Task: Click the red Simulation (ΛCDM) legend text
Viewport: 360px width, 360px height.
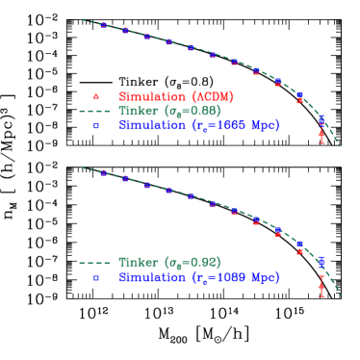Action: pos(175,97)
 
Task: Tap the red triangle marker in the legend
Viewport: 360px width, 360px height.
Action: pos(95,97)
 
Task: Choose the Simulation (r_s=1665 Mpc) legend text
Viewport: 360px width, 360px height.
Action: pos(198,125)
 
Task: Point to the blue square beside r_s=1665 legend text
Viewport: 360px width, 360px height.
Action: pos(95,125)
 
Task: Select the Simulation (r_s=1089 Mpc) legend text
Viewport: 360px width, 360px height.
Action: pos(198,277)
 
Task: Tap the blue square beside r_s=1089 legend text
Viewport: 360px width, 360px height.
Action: pos(95,277)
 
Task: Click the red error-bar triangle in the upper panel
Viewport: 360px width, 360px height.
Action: pos(321,134)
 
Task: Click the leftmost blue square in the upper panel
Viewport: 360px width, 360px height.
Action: pos(104,25)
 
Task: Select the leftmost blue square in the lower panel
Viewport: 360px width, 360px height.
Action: pos(104,173)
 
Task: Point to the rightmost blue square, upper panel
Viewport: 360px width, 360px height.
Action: pos(321,119)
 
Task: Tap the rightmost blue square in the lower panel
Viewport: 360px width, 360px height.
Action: pos(321,261)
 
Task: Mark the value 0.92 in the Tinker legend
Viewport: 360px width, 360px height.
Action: pos(204,263)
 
